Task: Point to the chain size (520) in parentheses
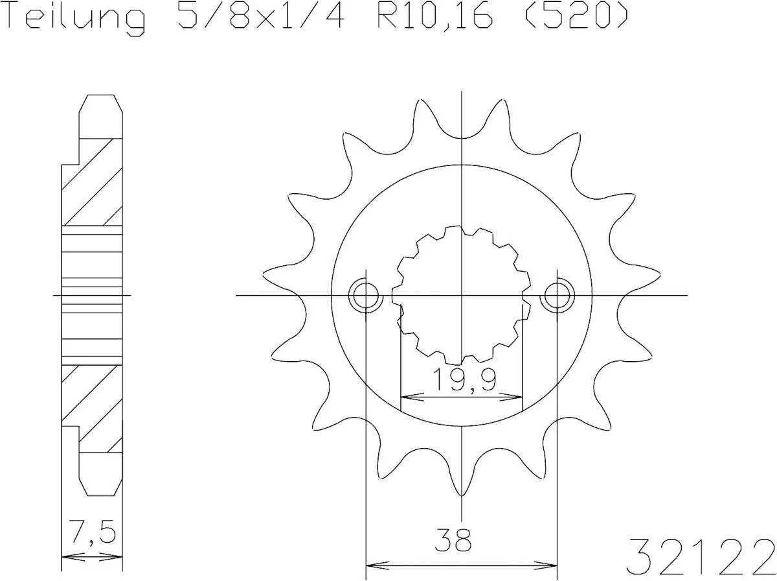click(x=575, y=18)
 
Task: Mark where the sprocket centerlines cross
click(x=461, y=296)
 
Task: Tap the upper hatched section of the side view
click(x=92, y=182)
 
